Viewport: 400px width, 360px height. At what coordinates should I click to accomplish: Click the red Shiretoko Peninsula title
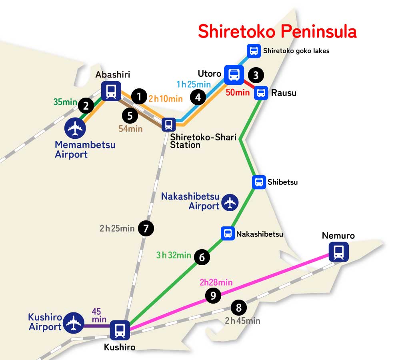click(277, 32)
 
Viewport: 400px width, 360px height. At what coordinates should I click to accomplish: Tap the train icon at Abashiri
click(111, 91)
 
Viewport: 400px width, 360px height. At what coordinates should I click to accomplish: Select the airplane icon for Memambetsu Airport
click(75, 128)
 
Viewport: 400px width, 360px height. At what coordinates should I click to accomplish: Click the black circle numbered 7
click(146, 229)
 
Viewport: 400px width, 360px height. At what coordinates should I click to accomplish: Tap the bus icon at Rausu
click(261, 93)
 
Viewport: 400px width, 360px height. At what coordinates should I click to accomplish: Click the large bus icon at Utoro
click(234, 74)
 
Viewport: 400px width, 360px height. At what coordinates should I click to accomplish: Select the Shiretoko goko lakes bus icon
click(254, 51)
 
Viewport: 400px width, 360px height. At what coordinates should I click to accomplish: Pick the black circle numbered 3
click(256, 75)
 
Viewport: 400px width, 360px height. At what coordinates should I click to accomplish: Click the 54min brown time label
click(130, 129)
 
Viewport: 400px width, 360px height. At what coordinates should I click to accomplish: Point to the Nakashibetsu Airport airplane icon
click(230, 202)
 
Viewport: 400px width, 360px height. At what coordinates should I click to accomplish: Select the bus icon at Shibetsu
click(259, 182)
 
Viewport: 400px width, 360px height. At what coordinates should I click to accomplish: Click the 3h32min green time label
click(174, 255)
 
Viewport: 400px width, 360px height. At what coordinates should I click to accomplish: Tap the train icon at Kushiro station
click(120, 330)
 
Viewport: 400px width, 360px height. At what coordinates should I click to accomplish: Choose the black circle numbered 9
click(213, 296)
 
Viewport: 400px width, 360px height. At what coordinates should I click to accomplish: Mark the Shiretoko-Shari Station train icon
click(168, 124)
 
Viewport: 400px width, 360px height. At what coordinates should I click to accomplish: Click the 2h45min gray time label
click(242, 321)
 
